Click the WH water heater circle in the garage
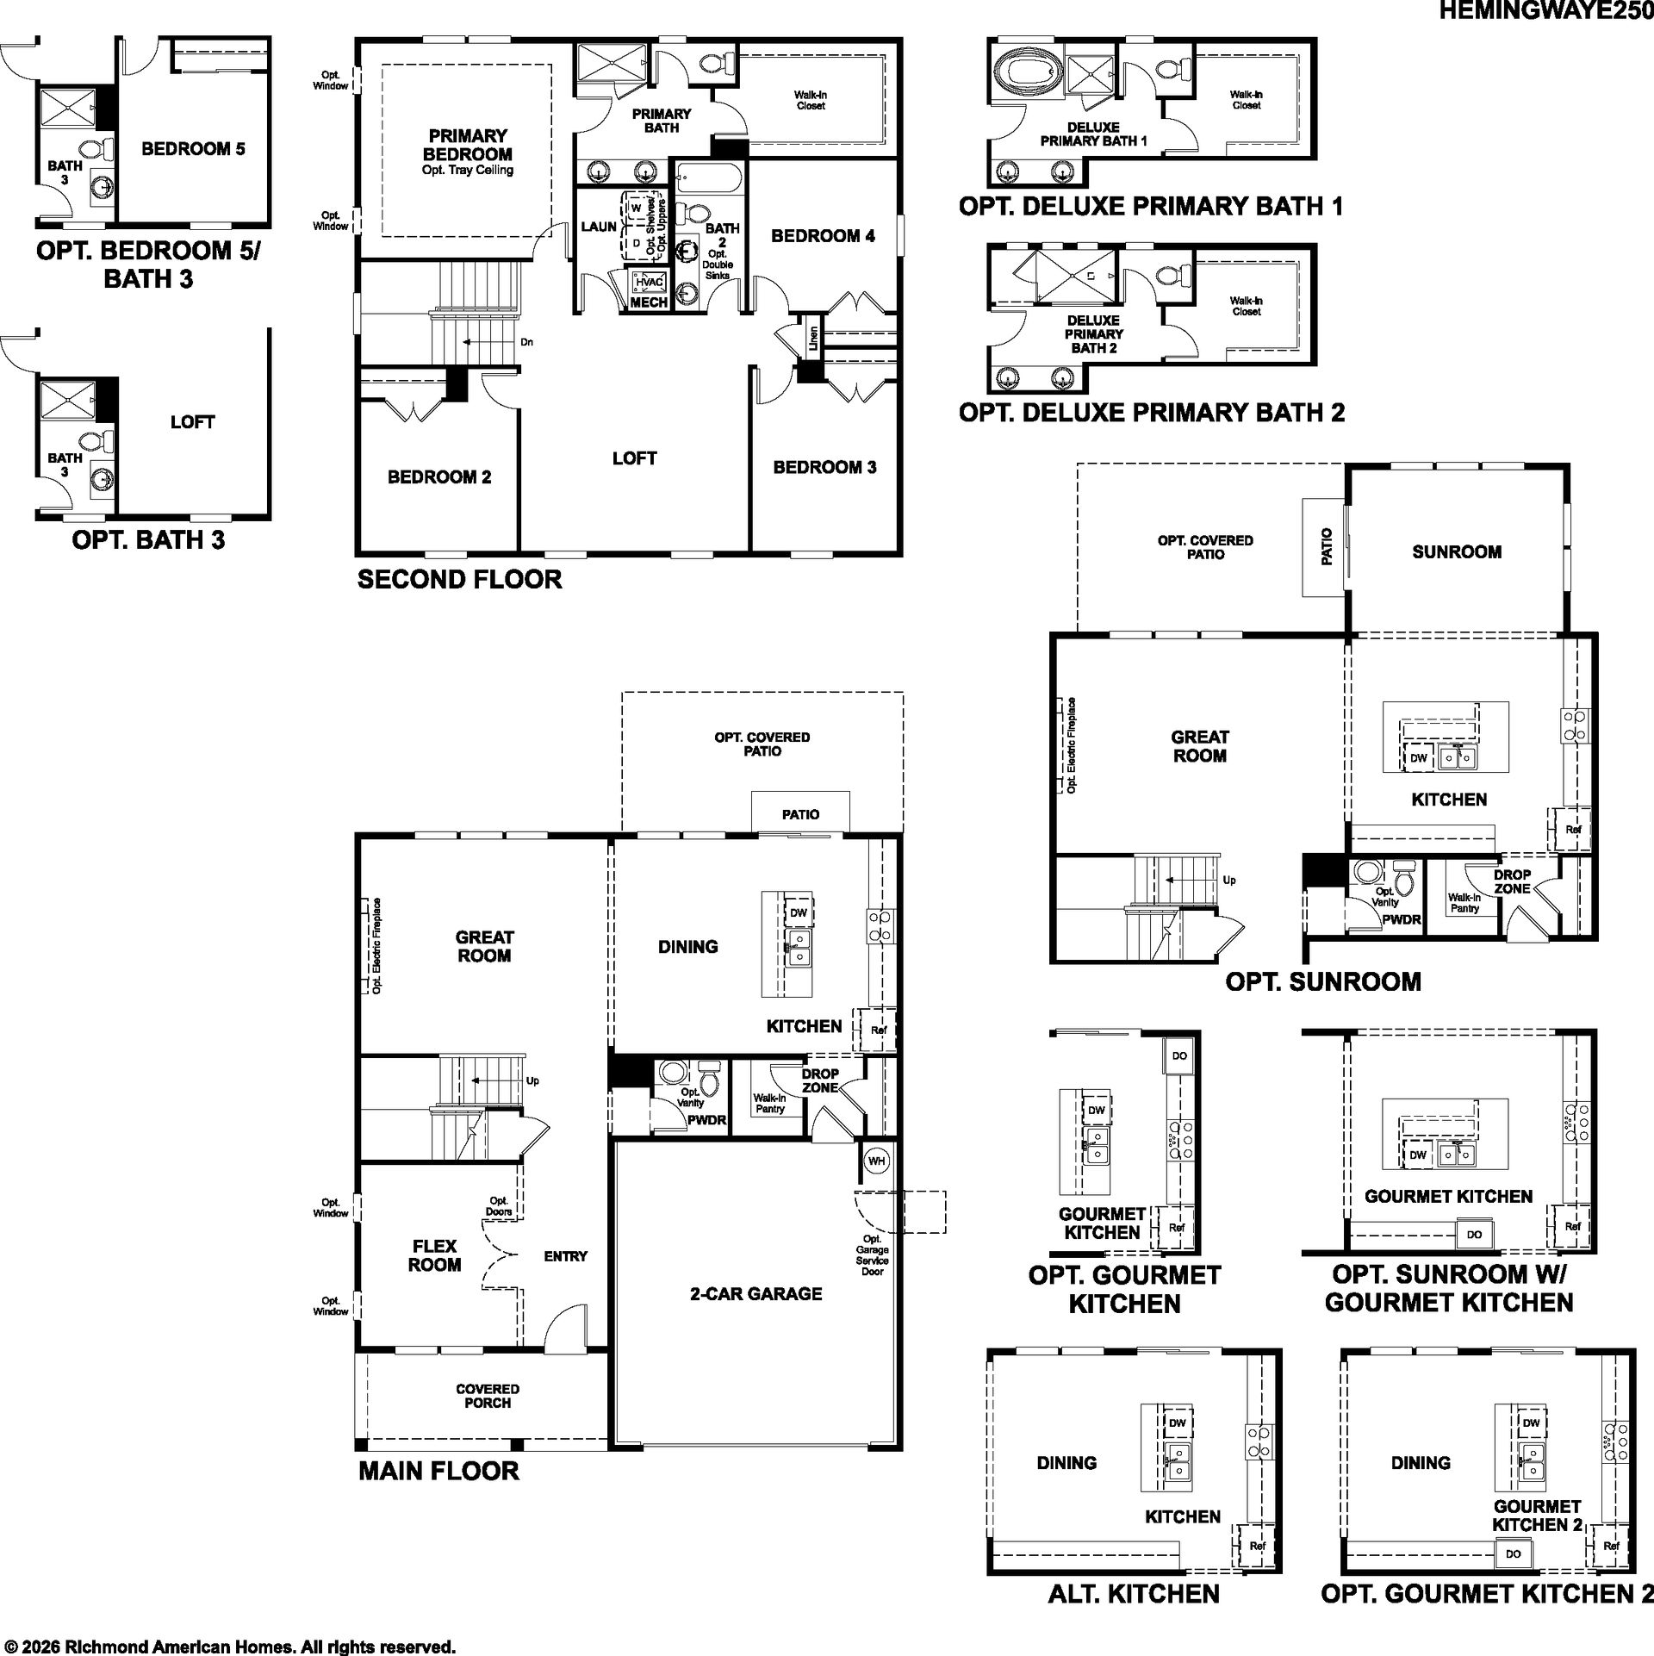pyautogui.click(x=876, y=1161)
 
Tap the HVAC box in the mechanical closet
pyautogui.click(x=649, y=282)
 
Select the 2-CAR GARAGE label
pyautogui.click(x=755, y=1293)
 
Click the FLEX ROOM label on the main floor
pyautogui.click(x=434, y=1255)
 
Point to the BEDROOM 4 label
pyautogui.click(x=823, y=235)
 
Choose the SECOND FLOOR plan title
pyautogui.click(x=459, y=579)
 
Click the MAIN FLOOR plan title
pyautogui.click(x=438, y=1470)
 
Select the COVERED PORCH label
pyautogui.click(x=488, y=1396)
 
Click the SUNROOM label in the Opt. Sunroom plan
pyautogui.click(x=1457, y=552)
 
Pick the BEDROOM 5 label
pyautogui.click(x=193, y=149)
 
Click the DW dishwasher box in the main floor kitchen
pyautogui.click(x=799, y=913)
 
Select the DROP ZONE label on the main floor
pyautogui.click(x=820, y=1080)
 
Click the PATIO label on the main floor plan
pyautogui.click(x=800, y=814)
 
